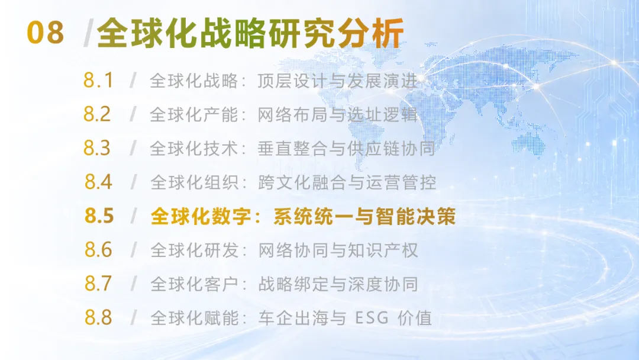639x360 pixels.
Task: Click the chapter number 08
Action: click(x=45, y=33)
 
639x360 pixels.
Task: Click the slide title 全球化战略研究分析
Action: click(x=250, y=33)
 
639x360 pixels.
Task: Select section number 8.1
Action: click(x=98, y=81)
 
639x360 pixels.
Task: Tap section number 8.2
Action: click(x=97, y=114)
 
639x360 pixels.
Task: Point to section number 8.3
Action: click(x=97, y=148)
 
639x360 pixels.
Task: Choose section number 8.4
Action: click(x=98, y=182)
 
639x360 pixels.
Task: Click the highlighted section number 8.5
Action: click(x=99, y=216)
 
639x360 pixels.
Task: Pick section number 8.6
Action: click(x=98, y=249)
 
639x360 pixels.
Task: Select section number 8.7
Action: click(x=98, y=284)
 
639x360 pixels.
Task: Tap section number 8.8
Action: click(x=98, y=317)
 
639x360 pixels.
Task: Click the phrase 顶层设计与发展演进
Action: click(x=338, y=81)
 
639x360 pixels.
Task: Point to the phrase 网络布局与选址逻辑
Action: click(x=338, y=114)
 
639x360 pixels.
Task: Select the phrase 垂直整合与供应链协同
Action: click(x=346, y=149)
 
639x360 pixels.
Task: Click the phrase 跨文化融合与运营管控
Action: click(x=347, y=182)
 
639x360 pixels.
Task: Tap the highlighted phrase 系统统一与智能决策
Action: click(x=364, y=216)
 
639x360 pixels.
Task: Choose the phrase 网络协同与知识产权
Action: click(x=338, y=250)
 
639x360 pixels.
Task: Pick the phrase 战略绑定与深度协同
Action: click(x=338, y=284)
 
